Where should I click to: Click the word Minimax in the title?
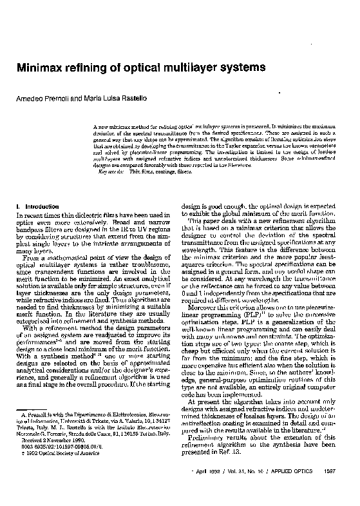45,67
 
